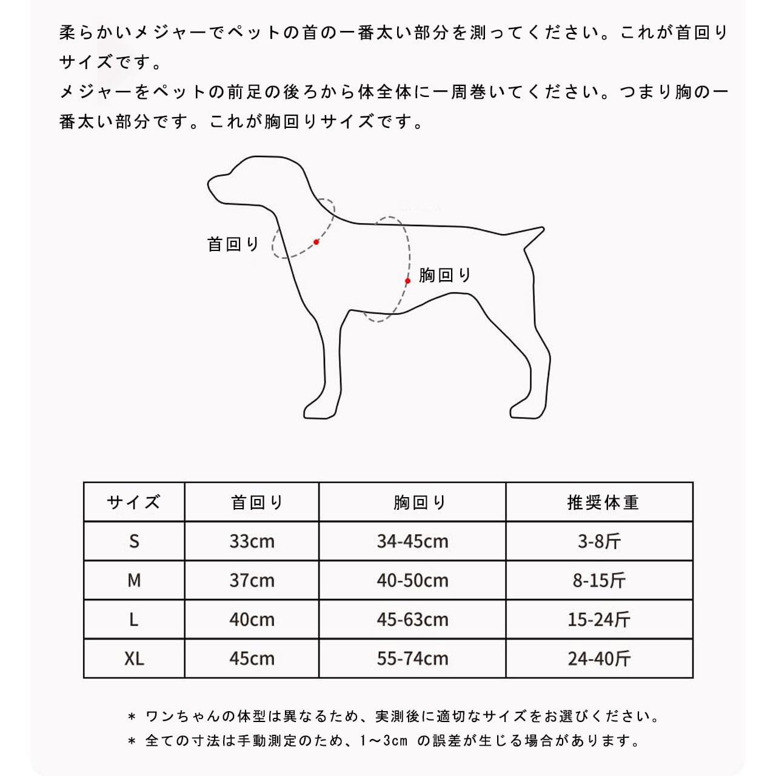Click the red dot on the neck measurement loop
coord(316,242)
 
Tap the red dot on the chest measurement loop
coord(408,281)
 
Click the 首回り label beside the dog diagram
coord(233,244)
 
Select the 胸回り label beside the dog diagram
coord(445,275)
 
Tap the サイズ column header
coord(133,502)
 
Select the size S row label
coord(134,541)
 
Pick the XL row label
coord(134,658)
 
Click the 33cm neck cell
coord(252,541)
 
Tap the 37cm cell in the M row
coord(252,580)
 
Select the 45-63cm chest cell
coord(412,620)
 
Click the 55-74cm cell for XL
coord(412,658)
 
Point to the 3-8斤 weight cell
coord(599,541)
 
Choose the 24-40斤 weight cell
coord(599,658)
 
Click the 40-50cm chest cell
coord(412,580)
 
